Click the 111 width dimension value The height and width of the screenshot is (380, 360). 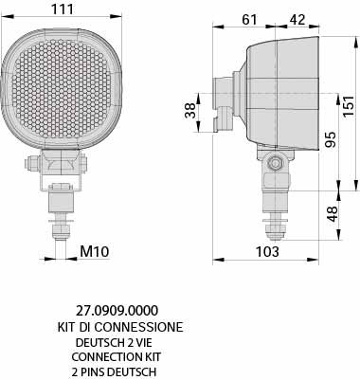click(x=63, y=9)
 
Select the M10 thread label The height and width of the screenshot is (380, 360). click(x=94, y=251)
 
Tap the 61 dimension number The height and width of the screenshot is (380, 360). click(x=250, y=20)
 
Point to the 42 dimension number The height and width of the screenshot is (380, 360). click(x=297, y=20)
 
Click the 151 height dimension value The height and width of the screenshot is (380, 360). click(x=349, y=105)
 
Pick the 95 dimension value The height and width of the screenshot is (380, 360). click(x=331, y=139)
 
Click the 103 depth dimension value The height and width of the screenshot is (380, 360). click(x=267, y=252)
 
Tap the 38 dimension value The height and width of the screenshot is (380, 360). click(x=190, y=111)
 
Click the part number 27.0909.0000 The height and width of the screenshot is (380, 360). click(x=117, y=311)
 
